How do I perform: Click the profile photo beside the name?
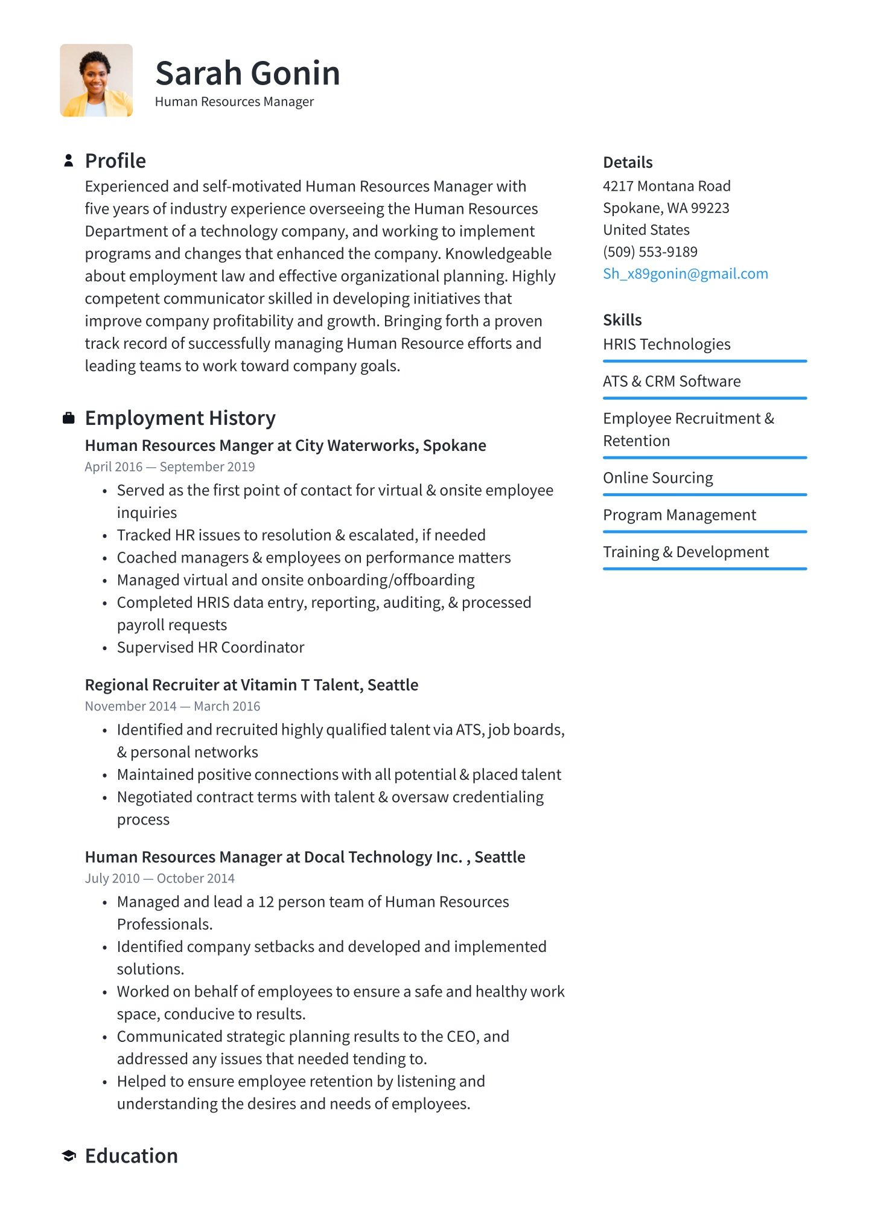coord(97,80)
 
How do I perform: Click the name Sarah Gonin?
coord(247,73)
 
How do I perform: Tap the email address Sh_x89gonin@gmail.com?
coord(685,274)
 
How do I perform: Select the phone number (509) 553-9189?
coord(650,252)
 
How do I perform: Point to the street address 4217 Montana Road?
coord(666,186)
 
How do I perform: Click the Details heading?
coord(628,162)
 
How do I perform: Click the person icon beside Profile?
coord(69,161)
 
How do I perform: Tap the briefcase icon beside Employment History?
coord(69,418)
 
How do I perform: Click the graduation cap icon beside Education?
coord(69,1155)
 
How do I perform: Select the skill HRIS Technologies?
coord(666,344)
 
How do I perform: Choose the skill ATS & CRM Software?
coord(672,381)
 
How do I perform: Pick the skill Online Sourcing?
coord(658,478)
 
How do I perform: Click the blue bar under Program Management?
coord(704,532)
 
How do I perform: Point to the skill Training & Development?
coord(686,552)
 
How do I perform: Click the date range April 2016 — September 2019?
coord(170,467)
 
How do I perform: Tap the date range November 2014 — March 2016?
coord(173,706)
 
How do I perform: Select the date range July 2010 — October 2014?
coord(159,878)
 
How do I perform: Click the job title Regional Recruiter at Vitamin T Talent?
coord(251,685)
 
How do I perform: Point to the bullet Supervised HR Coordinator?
coord(210,648)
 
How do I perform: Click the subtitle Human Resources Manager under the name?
coord(234,102)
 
